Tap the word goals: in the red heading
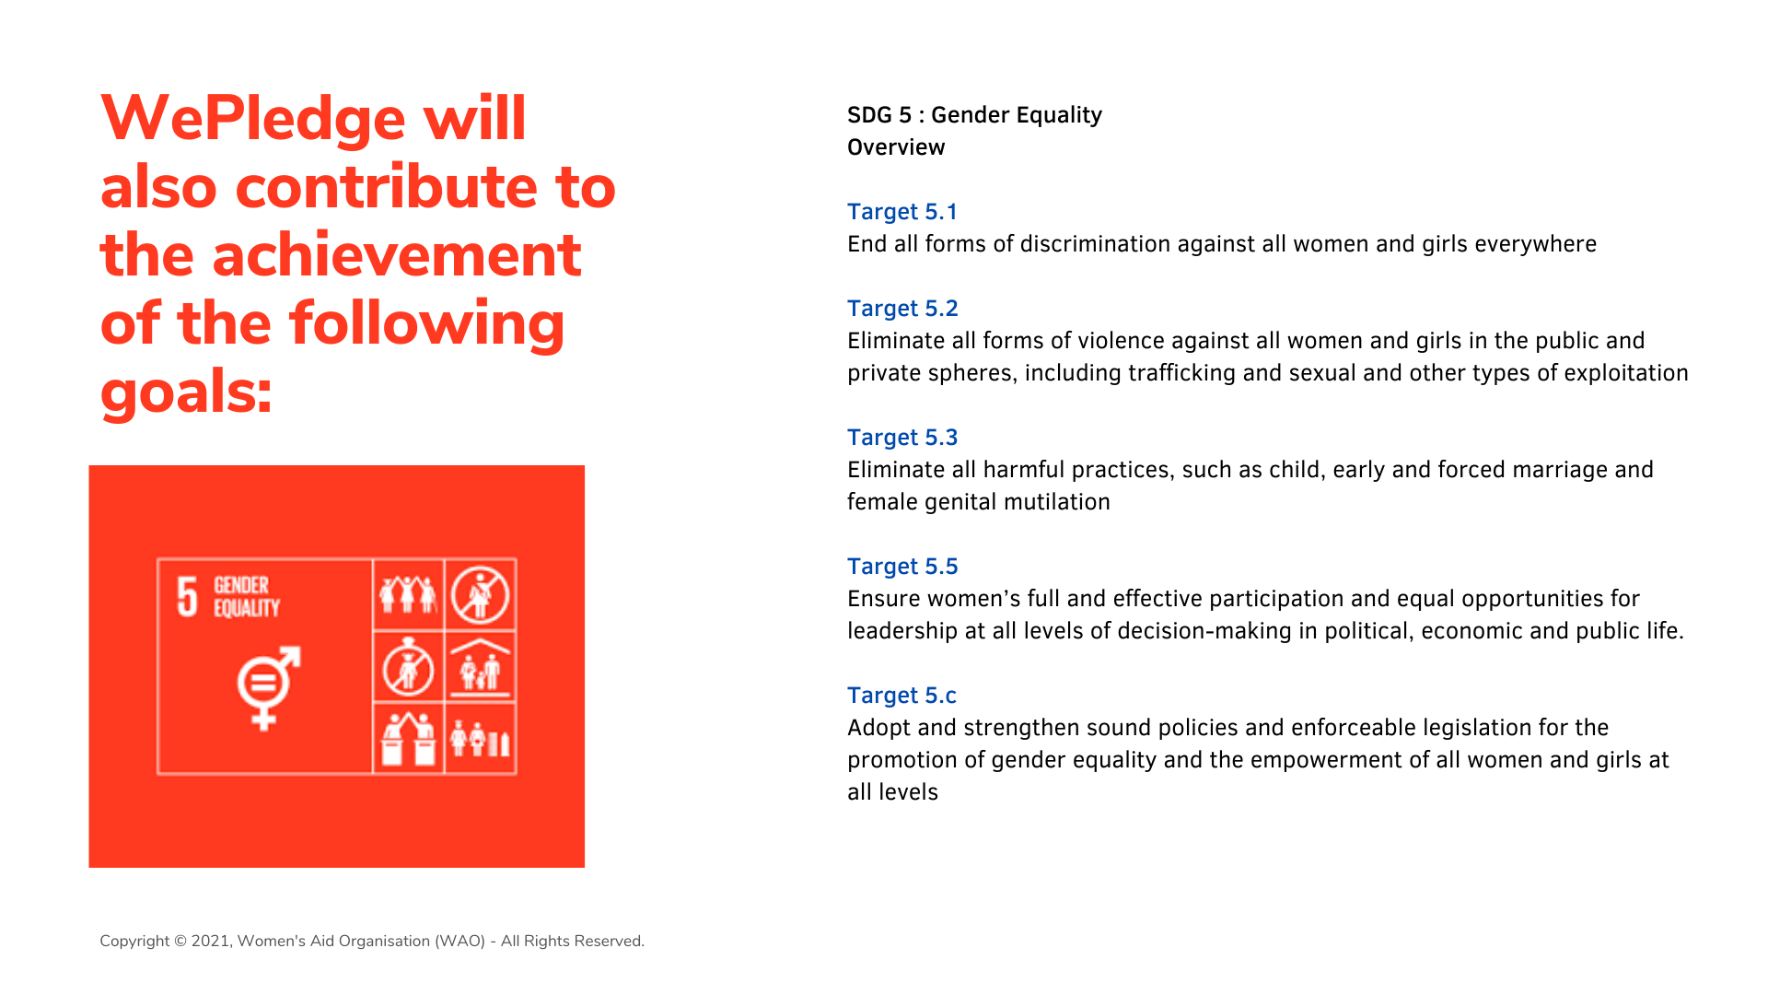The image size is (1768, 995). point(186,392)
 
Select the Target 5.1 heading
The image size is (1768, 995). point(902,212)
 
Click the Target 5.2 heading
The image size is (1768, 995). point(902,309)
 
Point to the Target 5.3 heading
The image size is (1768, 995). point(902,438)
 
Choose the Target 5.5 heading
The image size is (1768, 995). point(902,567)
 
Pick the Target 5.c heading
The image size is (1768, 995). point(901,696)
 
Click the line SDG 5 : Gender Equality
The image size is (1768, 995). point(974,115)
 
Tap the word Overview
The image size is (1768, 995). point(896,147)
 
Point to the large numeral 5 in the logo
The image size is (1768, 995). point(187,596)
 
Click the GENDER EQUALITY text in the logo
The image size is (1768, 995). point(246,596)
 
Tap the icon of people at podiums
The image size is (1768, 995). point(408,739)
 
